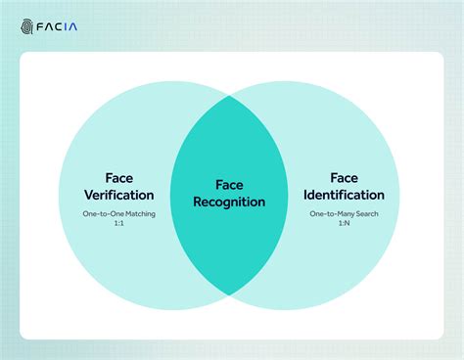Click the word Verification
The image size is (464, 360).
point(120,194)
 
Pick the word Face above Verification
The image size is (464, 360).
point(120,178)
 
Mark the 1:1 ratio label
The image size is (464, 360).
point(120,222)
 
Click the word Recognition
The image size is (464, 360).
point(229,202)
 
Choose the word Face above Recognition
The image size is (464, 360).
point(229,185)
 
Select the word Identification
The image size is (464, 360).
point(344,194)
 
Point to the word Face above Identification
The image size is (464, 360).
point(344,177)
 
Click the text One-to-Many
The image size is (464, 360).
point(331,212)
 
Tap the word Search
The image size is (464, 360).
point(367,212)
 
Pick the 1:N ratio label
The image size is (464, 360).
point(344,222)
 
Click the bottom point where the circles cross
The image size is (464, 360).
point(230,294)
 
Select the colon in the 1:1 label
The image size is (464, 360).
point(120,222)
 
